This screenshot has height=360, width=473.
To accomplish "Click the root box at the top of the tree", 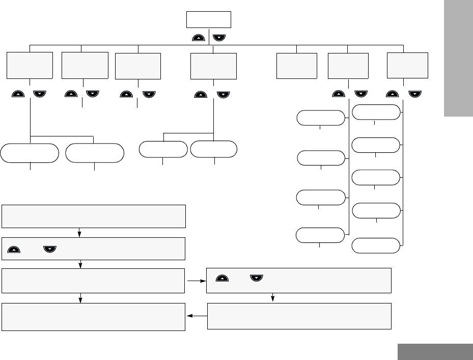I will pos(208,19).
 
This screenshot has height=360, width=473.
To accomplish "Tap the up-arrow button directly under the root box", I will pos(200,37).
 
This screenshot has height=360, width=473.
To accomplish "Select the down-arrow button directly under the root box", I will pos(219,37).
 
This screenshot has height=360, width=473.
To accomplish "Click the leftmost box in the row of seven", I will pos(30,65).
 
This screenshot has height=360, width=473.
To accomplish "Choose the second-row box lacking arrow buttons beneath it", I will pos(297,66).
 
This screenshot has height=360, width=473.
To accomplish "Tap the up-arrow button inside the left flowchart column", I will pos(14,250).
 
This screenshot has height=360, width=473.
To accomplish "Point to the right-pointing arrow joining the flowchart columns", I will pos(196,280).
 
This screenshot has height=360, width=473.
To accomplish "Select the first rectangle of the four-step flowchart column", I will pos(94,216).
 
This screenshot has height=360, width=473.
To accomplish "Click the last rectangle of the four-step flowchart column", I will pos(94,317).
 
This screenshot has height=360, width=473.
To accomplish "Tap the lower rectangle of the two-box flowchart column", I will pos(299,316).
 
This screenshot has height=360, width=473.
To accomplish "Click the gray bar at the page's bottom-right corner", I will pos(435,352).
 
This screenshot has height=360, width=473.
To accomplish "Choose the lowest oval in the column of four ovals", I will pos(320,236).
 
